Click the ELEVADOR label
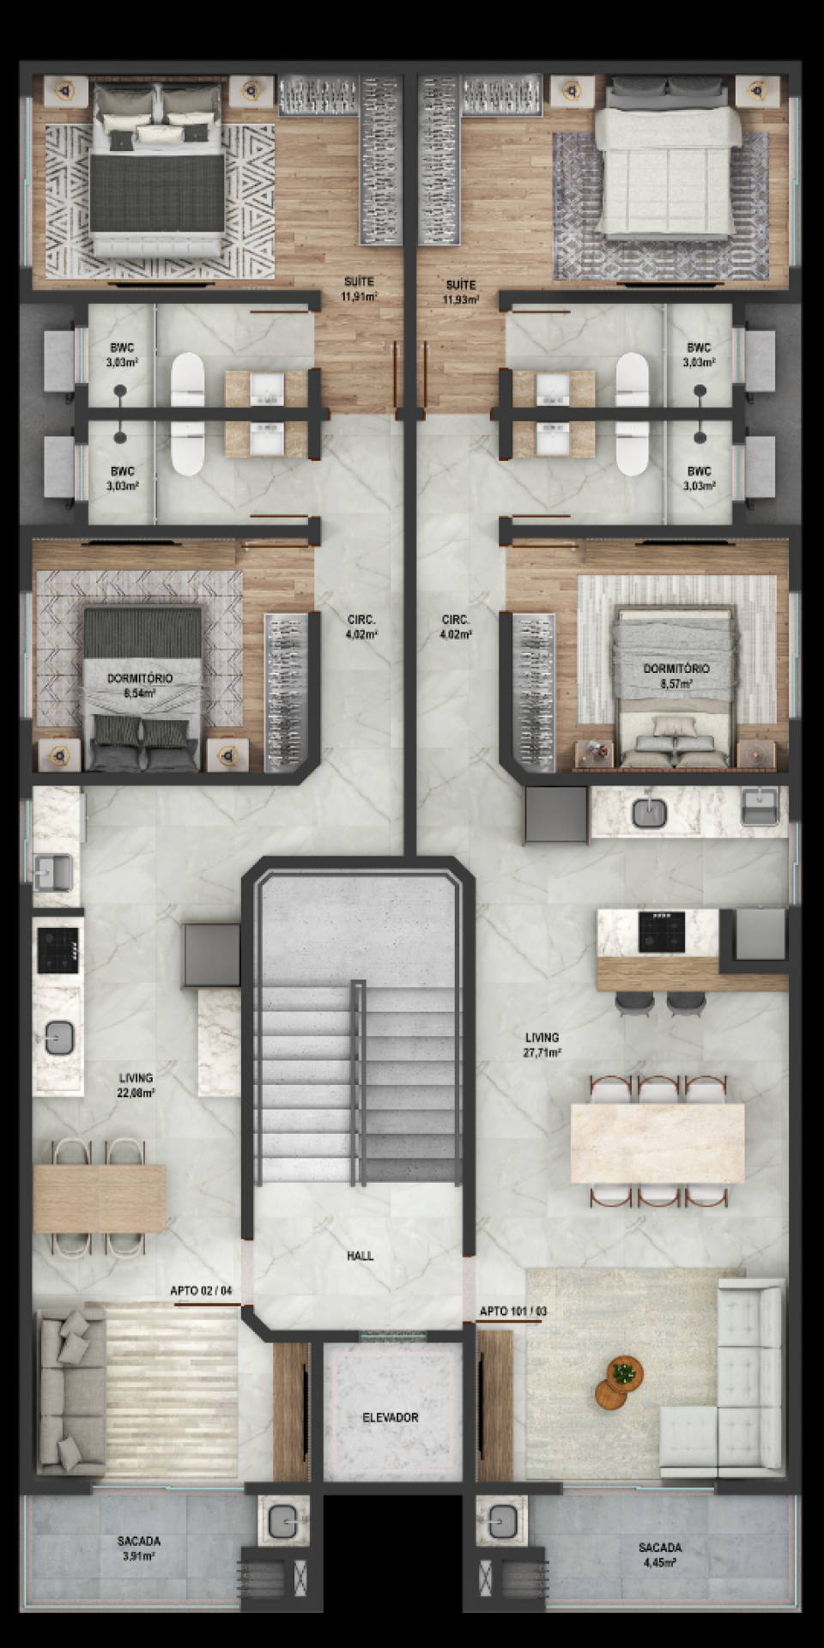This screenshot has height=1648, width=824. click(x=390, y=1417)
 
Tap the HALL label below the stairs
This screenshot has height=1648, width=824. click(x=360, y=1256)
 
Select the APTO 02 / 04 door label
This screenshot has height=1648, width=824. click(x=201, y=1290)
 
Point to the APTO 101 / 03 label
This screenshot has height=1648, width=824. click(x=512, y=1311)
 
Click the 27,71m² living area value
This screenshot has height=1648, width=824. click(x=542, y=1051)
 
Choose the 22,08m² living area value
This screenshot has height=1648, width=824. click(x=136, y=1093)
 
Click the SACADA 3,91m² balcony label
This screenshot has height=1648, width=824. click(x=138, y=1548)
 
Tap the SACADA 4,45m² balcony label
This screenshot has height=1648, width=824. click(x=660, y=1554)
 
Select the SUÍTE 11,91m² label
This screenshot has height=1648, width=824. click(x=359, y=289)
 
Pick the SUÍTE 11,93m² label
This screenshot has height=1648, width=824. click(x=461, y=293)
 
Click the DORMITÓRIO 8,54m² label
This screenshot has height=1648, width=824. click(x=139, y=684)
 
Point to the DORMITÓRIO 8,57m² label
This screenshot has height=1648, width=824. click(x=676, y=676)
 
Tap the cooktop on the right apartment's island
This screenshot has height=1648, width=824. click(x=661, y=932)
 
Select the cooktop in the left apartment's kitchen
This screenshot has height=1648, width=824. click(x=58, y=949)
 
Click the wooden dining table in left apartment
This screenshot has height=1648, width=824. click(x=99, y=1198)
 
